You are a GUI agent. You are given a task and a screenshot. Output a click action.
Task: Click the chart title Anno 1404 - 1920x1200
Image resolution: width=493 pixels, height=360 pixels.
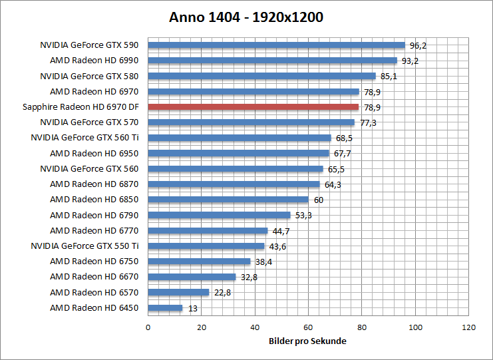[246, 17]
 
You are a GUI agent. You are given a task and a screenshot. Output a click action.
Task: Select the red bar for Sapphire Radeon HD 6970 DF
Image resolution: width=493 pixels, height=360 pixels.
[253, 107]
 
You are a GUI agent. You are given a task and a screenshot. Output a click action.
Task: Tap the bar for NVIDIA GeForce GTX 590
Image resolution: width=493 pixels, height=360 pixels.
[276, 45]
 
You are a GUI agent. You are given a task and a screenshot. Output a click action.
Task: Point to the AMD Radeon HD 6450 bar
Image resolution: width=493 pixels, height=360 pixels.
[165, 308]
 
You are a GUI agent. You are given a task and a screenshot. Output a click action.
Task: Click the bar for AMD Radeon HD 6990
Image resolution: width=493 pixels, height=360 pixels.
[272, 61]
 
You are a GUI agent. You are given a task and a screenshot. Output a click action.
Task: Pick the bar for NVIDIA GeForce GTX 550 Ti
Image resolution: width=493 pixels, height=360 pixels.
[206, 246]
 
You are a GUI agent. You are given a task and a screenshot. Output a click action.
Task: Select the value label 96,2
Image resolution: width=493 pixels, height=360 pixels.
[418, 46]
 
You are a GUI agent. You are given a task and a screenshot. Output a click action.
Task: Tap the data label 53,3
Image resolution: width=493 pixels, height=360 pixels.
[303, 216]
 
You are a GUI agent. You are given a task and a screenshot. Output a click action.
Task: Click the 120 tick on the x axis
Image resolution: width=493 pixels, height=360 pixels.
[469, 328]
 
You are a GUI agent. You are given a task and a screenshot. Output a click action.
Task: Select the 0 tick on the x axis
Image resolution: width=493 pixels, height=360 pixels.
[148, 328]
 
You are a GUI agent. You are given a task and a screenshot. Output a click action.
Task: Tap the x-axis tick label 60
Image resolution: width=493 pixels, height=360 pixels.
[308, 328]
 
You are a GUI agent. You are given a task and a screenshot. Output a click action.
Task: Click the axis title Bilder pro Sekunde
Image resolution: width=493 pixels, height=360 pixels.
[308, 341]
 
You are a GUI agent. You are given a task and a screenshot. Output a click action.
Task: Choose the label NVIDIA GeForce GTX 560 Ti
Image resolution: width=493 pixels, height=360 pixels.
[84, 138]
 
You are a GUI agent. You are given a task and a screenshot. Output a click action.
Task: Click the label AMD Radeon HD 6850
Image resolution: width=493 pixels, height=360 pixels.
[94, 200]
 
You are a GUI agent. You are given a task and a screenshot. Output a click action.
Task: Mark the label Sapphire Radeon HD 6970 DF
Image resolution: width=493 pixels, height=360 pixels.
[80, 107]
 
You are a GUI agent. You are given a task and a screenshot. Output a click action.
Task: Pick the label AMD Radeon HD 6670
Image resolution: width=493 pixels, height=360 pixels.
[94, 277]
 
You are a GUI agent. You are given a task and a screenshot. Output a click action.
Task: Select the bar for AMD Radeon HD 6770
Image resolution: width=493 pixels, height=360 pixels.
[208, 231]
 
